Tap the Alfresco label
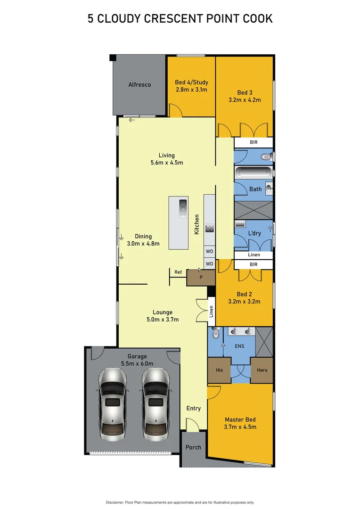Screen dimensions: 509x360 point(139,85)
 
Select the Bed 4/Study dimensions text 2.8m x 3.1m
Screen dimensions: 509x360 point(191,90)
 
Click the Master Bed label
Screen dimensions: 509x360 point(240,419)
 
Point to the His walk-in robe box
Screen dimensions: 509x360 point(219,370)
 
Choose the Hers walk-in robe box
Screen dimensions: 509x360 point(262,370)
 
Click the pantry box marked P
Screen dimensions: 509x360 point(201,278)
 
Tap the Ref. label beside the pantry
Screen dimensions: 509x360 point(179,272)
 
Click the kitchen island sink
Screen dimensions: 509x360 point(182,208)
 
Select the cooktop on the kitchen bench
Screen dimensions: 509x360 point(210,228)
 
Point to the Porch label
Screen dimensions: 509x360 point(193,447)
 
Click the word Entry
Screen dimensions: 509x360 point(193,408)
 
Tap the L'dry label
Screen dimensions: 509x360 point(254,234)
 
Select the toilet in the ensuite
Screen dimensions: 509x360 point(215,334)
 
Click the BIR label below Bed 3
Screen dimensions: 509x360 point(254,143)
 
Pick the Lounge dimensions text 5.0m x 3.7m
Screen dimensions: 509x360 point(163,320)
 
